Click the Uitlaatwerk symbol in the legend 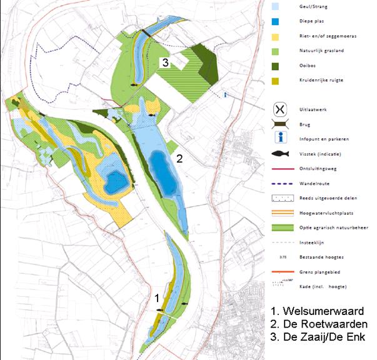coord(279,109)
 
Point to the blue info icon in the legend coord(279,138)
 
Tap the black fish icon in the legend coord(279,154)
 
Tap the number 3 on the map coord(164,62)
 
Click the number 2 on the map coord(179,158)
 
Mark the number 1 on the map coord(158,299)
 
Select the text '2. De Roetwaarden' coord(319,324)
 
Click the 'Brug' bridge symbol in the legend coord(279,124)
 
